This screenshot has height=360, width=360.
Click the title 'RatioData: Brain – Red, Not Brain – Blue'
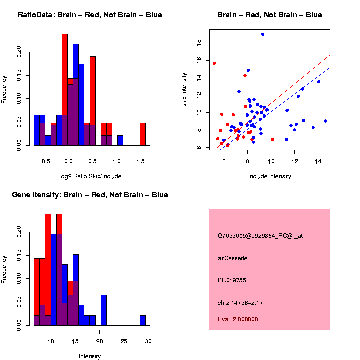click(90, 15)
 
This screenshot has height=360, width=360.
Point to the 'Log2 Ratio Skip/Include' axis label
click(90, 176)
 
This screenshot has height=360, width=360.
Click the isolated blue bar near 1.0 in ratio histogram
click(120, 140)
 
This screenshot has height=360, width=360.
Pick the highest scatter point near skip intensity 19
click(263, 34)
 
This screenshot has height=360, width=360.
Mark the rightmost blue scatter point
click(325, 121)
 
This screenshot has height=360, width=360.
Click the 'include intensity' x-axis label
click(270, 176)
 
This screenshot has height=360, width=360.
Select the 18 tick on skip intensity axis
click(198, 43)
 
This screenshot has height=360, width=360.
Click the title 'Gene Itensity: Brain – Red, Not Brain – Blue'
click(90, 195)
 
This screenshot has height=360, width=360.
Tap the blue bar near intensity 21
click(104, 310)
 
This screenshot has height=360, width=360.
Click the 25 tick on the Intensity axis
click(123, 341)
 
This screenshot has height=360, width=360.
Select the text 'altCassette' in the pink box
click(233, 258)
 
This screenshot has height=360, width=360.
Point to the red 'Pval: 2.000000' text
click(238, 319)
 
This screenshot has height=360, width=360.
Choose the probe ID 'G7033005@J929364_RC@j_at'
click(260, 236)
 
